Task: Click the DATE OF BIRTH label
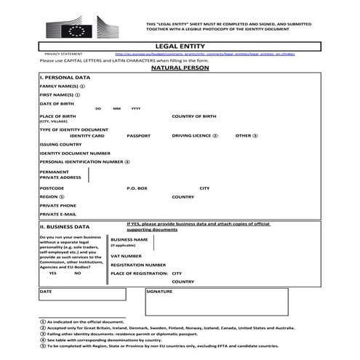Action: (56, 103)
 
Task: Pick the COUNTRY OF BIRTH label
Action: (194, 116)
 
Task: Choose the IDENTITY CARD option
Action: (87, 135)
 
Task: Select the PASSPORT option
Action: (138, 135)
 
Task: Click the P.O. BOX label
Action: (137, 188)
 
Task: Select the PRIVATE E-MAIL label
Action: (57, 215)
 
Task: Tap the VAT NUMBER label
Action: (126, 256)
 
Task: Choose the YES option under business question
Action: (52, 273)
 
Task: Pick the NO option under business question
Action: (78, 273)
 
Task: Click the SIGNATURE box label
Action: (160, 291)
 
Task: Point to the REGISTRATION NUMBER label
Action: (138, 265)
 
